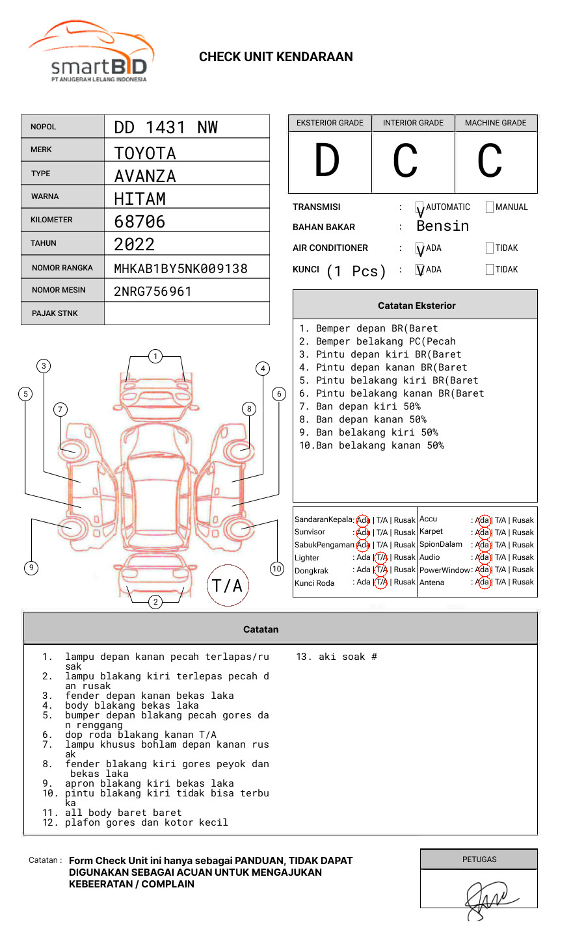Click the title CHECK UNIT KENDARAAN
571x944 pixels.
pos(276,57)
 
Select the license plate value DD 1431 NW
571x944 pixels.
pos(166,127)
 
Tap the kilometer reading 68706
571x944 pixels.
pos(140,222)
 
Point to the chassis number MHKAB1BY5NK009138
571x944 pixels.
pos(181,269)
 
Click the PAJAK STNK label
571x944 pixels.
pos(55,313)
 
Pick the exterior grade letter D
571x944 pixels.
pos(327,161)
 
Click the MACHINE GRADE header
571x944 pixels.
pos(496,123)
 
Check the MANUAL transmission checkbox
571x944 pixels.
pos(490,207)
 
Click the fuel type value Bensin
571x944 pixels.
pos(443,226)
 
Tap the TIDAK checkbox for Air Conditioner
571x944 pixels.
pos(490,248)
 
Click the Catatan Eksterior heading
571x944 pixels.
pos(416,306)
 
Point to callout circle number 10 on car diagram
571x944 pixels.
pos(277,569)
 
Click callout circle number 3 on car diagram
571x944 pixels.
pos(44,365)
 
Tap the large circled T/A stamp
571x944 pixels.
pos(228,586)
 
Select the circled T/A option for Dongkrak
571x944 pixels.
pos(382,570)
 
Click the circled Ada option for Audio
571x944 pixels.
pos(483,557)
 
